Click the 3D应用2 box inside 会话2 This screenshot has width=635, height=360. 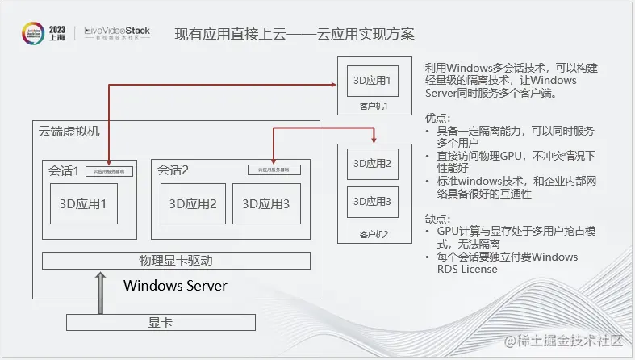[x=193, y=204]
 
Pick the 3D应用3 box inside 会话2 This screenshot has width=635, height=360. [x=261, y=204]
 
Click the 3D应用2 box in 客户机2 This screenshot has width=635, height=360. [x=373, y=164]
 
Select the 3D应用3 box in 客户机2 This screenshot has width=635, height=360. [x=373, y=201]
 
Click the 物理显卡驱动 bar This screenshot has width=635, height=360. [x=175, y=261]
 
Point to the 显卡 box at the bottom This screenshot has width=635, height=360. [x=161, y=323]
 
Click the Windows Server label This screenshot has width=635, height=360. [x=175, y=286]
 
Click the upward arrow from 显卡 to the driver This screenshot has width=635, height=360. [x=100, y=292]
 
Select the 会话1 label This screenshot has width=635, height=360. [x=64, y=170]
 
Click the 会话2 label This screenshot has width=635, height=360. [x=173, y=170]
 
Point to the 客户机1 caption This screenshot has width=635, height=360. [x=374, y=106]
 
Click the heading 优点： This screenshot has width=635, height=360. [x=438, y=118]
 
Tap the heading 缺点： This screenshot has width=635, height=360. [x=438, y=219]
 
